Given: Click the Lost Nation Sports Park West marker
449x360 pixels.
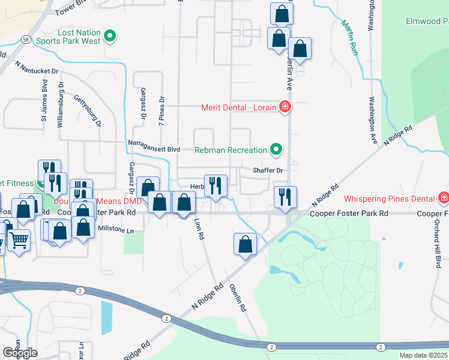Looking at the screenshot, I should click(x=109, y=37).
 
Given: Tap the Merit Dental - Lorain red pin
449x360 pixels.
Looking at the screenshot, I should click(x=285, y=107).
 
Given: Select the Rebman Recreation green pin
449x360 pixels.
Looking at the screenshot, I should click(x=276, y=149).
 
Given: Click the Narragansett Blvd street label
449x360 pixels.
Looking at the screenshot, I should click(x=154, y=144).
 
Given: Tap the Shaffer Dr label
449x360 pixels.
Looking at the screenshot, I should click(x=267, y=170).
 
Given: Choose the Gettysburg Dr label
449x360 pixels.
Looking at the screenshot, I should click(x=87, y=110).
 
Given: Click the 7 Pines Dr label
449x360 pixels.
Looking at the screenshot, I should click(x=161, y=110).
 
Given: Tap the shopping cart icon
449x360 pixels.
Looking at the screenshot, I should click(x=19, y=240).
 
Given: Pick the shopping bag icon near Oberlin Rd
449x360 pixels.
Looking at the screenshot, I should click(x=245, y=244).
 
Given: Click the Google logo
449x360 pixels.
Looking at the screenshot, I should click(x=20, y=353).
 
